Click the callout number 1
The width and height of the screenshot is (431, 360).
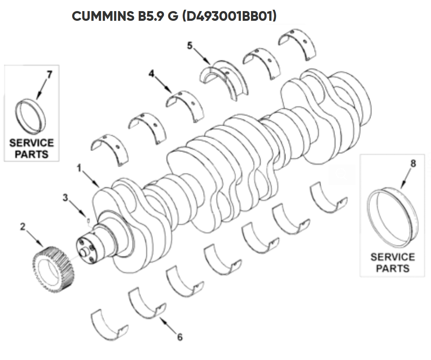click(x=79, y=168)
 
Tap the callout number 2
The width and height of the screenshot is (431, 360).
click(x=23, y=227)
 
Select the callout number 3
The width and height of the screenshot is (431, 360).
click(x=65, y=197)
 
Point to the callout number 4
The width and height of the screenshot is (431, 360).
click(x=152, y=73)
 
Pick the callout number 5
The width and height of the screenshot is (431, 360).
click(x=190, y=45)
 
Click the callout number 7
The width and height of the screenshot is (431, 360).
click(x=50, y=74)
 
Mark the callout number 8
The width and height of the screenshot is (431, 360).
click(x=413, y=164)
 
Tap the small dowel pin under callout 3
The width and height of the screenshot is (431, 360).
click(x=88, y=220)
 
